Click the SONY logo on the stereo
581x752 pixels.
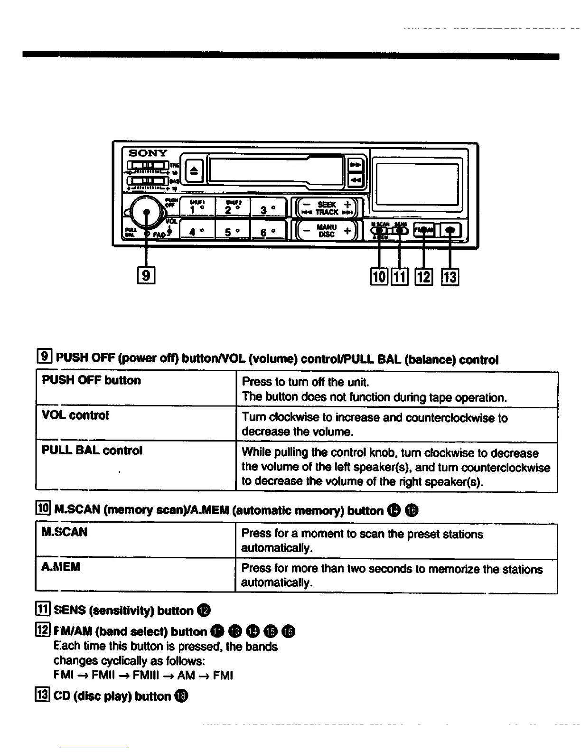(x=148, y=153)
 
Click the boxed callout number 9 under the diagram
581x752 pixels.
(x=147, y=275)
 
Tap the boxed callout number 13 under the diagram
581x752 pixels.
(x=450, y=276)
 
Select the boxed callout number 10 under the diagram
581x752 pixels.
(x=379, y=276)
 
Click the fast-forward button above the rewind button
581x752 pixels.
(x=355, y=165)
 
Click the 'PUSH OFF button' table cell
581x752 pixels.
(x=92, y=381)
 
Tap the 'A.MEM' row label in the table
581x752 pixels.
(x=61, y=567)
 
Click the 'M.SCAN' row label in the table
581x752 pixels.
(x=65, y=532)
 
